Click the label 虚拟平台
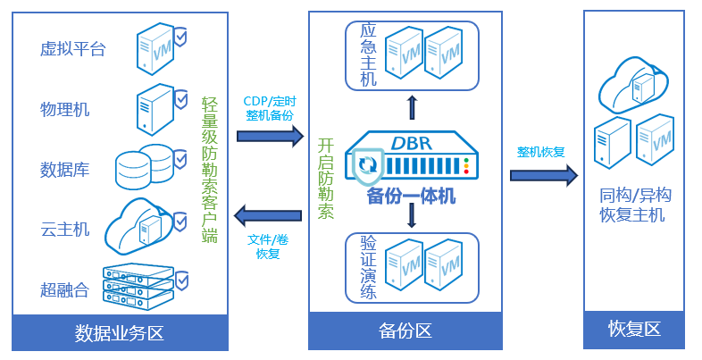click(x=72, y=49)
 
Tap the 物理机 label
click(x=64, y=109)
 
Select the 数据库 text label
click(x=64, y=169)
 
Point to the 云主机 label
click(x=64, y=229)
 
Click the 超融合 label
click(x=64, y=289)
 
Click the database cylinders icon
click(x=144, y=165)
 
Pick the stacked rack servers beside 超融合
click(x=138, y=283)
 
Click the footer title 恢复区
click(x=633, y=329)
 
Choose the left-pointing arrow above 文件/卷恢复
click(x=268, y=214)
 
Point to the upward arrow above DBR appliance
click(x=412, y=107)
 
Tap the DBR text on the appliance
click(x=412, y=142)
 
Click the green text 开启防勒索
click(x=326, y=179)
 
